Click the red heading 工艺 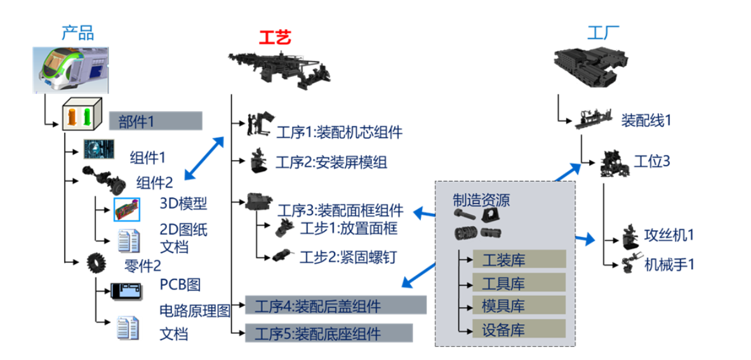(x=275, y=37)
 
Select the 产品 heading (x=77, y=32)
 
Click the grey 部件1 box (x=155, y=121)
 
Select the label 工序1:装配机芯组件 (x=339, y=132)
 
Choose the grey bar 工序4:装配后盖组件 (x=336, y=305)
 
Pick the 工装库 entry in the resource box (x=519, y=259)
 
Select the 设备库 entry (x=519, y=329)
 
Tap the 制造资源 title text (x=481, y=201)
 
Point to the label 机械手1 (x=669, y=263)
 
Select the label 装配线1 (x=646, y=120)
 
